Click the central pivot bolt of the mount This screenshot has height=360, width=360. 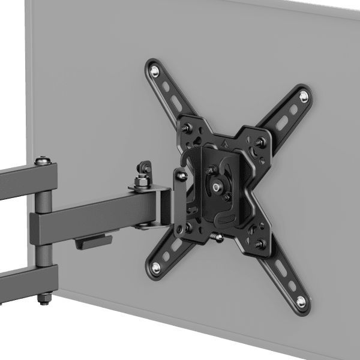point(215,187)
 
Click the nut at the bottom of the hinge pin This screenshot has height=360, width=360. point(43,298)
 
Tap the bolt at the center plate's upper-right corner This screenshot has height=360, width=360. point(259,143)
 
